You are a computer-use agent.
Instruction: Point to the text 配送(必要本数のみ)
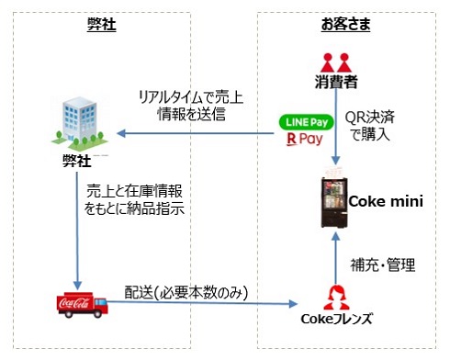coord(188,291)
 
